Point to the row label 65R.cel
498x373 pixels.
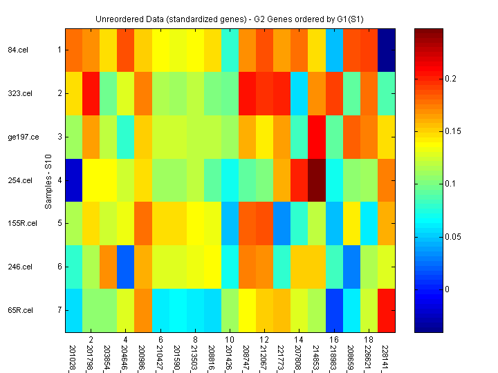click(x=19, y=310)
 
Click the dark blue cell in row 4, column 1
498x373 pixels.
click(x=74, y=180)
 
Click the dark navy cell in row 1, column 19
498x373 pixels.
click(x=387, y=50)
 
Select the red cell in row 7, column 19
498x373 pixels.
click(x=387, y=310)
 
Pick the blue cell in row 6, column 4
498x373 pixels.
click(x=126, y=267)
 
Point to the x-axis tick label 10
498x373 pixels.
click(x=230, y=340)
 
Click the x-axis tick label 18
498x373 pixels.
click(x=369, y=340)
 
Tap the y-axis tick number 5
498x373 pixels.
click(x=59, y=224)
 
